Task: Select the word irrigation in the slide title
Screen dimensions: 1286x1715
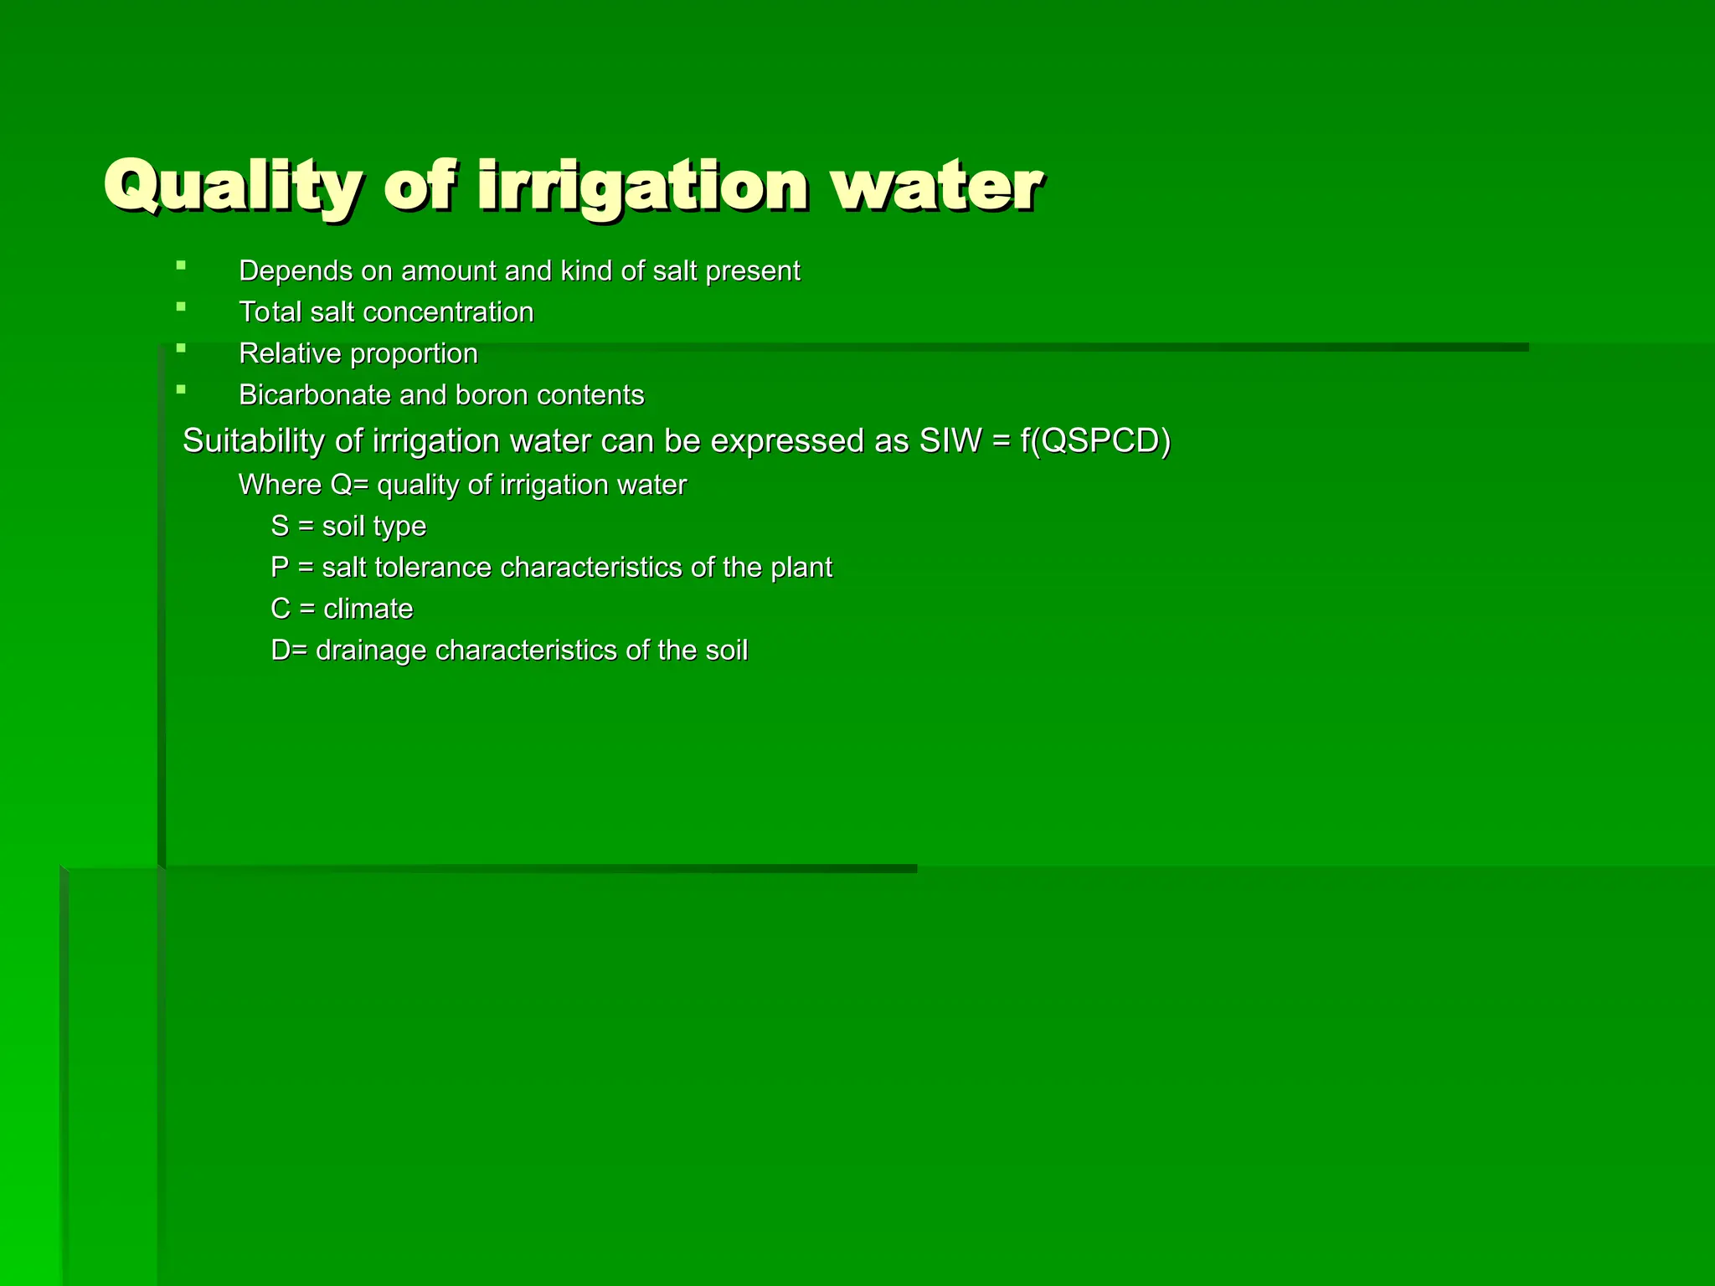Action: (x=642, y=185)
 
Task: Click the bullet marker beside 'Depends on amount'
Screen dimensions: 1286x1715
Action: (x=181, y=265)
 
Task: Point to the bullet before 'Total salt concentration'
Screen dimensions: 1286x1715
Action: (x=181, y=307)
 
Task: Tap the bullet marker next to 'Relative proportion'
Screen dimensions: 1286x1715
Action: (x=181, y=348)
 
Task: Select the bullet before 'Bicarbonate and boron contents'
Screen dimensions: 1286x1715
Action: (x=181, y=389)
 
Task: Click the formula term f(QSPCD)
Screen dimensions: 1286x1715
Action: (x=1094, y=441)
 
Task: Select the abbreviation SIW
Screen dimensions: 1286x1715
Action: (x=950, y=441)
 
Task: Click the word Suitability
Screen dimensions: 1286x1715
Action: (x=253, y=441)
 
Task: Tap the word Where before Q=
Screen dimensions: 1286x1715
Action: (x=280, y=485)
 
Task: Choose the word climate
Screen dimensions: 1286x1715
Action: (x=368, y=609)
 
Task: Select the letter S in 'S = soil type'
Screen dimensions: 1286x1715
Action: (x=280, y=526)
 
